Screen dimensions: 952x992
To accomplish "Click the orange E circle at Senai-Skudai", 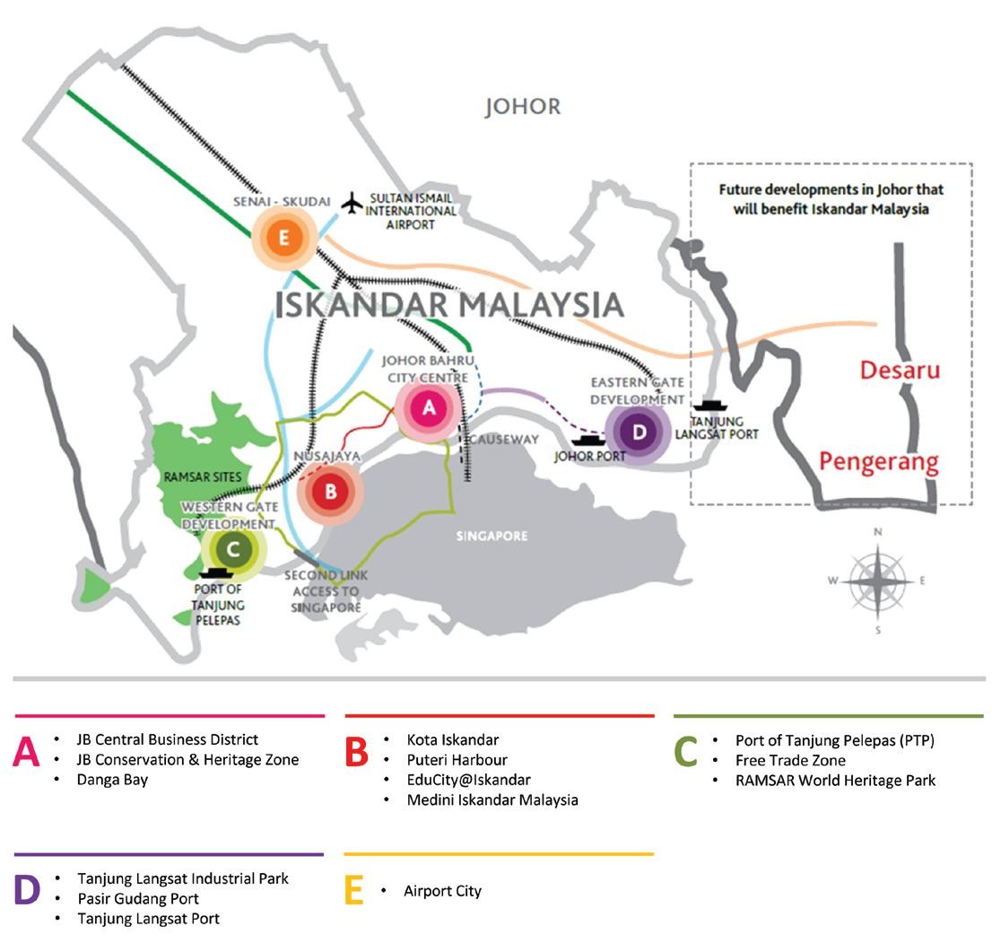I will (283, 238).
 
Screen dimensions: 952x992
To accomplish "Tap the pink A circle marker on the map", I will (429, 408).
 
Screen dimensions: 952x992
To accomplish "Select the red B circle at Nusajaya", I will (330, 492).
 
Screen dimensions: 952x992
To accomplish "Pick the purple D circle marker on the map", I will (638, 432).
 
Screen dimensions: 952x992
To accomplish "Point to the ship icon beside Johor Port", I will (589, 440).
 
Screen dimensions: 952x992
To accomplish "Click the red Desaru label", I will (900, 370).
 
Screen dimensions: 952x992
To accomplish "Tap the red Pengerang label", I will (878, 463).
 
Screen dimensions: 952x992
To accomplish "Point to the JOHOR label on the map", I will (522, 107).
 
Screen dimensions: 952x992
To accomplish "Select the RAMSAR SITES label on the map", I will (203, 477).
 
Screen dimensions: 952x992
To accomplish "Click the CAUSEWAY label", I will (504, 440).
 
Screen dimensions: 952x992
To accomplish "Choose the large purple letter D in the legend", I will (28, 888).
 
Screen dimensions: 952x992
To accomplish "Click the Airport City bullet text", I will (442, 891).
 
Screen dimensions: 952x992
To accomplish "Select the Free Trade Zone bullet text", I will (790, 760).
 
